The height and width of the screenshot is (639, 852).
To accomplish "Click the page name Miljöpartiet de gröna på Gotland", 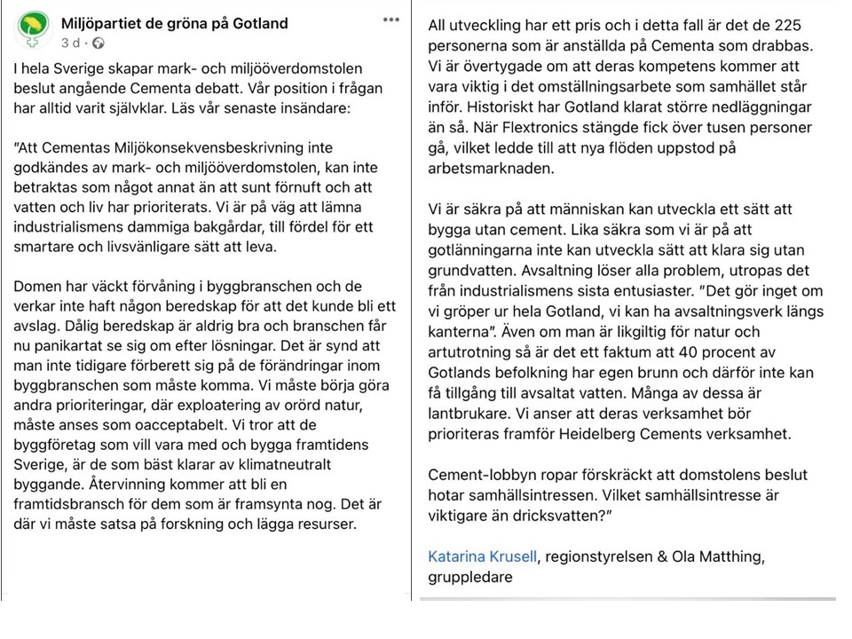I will (175, 23).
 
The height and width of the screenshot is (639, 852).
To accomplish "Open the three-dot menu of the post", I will (390, 19).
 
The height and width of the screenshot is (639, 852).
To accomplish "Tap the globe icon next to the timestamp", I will (98, 43).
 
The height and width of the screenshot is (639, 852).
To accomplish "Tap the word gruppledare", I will (469, 577).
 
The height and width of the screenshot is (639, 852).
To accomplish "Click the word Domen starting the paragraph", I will (35, 287).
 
